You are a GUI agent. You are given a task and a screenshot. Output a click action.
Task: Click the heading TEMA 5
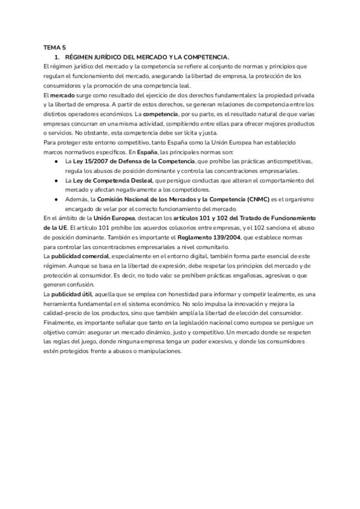tap(55, 47)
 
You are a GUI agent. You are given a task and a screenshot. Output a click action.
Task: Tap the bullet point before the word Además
tap(55, 199)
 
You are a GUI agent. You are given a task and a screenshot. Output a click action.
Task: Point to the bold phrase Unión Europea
tap(114, 218)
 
